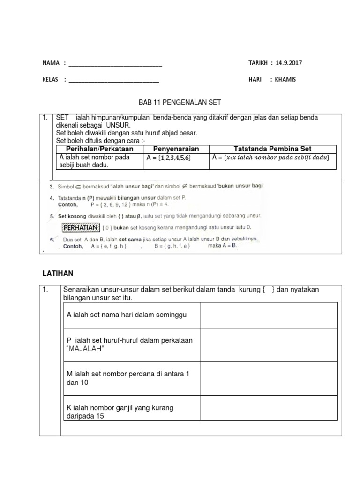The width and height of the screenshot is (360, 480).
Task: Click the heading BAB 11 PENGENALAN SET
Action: pos(180,102)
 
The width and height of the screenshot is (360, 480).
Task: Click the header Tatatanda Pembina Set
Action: pos(272,149)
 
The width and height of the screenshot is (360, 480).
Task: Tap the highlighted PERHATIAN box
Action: pos(81,227)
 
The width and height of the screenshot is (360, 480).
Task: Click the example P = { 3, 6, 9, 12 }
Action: pos(112,205)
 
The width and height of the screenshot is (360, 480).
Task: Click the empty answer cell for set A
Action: pos(269,315)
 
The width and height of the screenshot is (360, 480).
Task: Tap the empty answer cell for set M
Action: pos(269,378)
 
